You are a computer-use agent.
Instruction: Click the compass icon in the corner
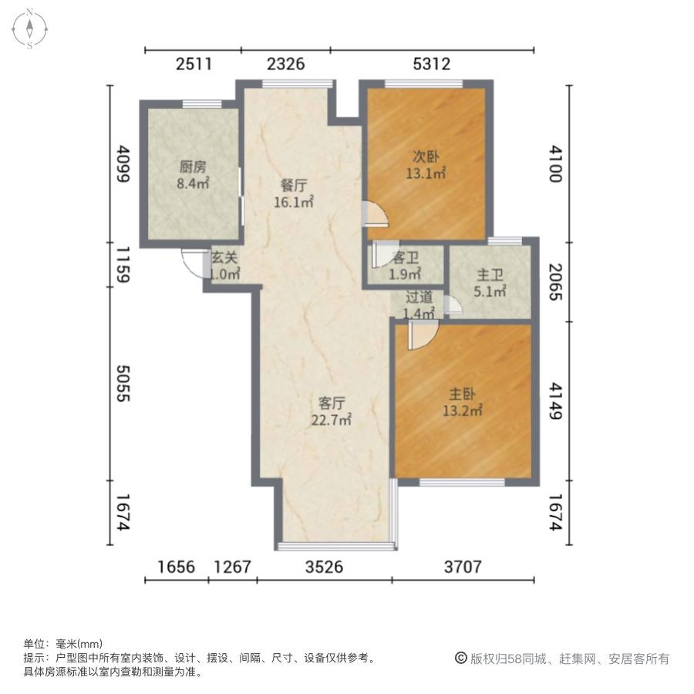(x=29, y=29)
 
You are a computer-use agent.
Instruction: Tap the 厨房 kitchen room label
(x=194, y=175)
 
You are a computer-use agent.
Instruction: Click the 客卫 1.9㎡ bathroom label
(x=405, y=267)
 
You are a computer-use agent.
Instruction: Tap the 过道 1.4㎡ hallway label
(x=419, y=305)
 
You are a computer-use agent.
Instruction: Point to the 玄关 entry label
(x=225, y=266)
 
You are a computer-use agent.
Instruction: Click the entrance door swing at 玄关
(x=192, y=262)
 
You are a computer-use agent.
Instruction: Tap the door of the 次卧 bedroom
(x=374, y=214)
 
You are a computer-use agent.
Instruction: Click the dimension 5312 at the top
(x=432, y=65)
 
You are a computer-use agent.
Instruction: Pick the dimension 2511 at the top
(x=194, y=65)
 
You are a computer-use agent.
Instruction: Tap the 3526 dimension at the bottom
(x=325, y=568)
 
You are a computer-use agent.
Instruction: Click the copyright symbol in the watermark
(x=460, y=659)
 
